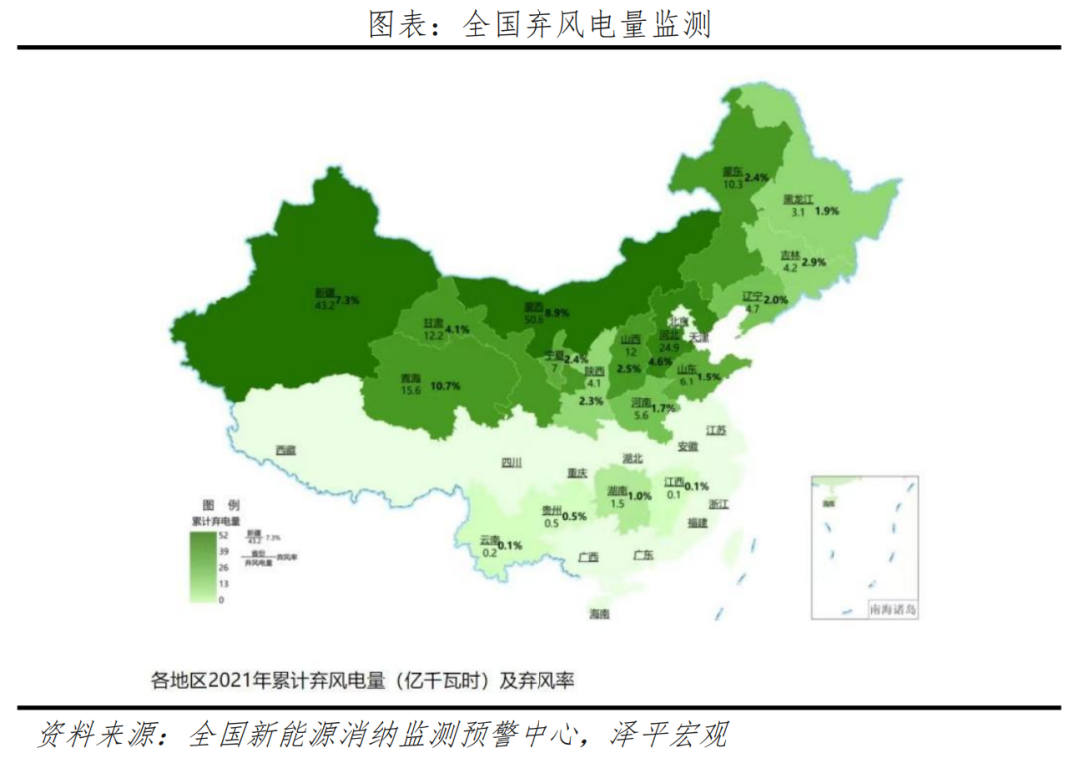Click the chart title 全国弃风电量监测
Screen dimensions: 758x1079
(x=539, y=24)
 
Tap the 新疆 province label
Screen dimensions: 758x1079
(x=324, y=292)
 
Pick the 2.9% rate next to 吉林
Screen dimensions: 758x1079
(x=814, y=262)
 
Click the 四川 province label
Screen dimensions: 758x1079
(x=511, y=462)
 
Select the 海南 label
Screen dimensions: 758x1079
(x=599, y=613)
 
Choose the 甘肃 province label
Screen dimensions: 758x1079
(x=434, y=323)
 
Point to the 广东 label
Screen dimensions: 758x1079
(x=642, y=555)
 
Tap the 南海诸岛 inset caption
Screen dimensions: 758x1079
(x=892, y=608)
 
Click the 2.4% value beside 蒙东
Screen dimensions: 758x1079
(x=756, y=178)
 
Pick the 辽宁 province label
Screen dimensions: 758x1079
(x=752, y=296)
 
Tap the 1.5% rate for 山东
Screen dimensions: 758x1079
(x=709, y=377)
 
